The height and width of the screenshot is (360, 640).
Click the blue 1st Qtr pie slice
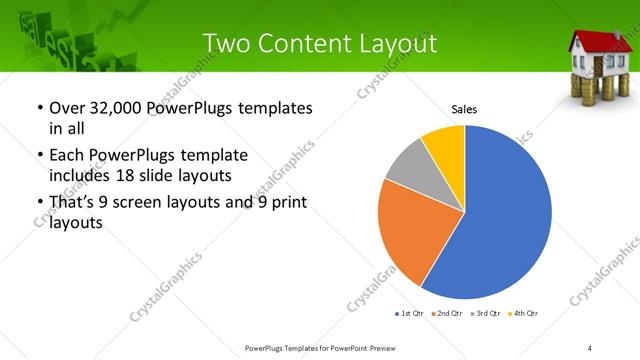pyautogui.click(x=500, y=215)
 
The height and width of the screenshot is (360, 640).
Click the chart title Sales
pyautogui.click(x=463, y=108)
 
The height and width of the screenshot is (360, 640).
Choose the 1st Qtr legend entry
pyautogui.click(x=409, y=314)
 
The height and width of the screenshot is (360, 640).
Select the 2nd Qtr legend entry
pyautogui.click(x=444, y=314)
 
